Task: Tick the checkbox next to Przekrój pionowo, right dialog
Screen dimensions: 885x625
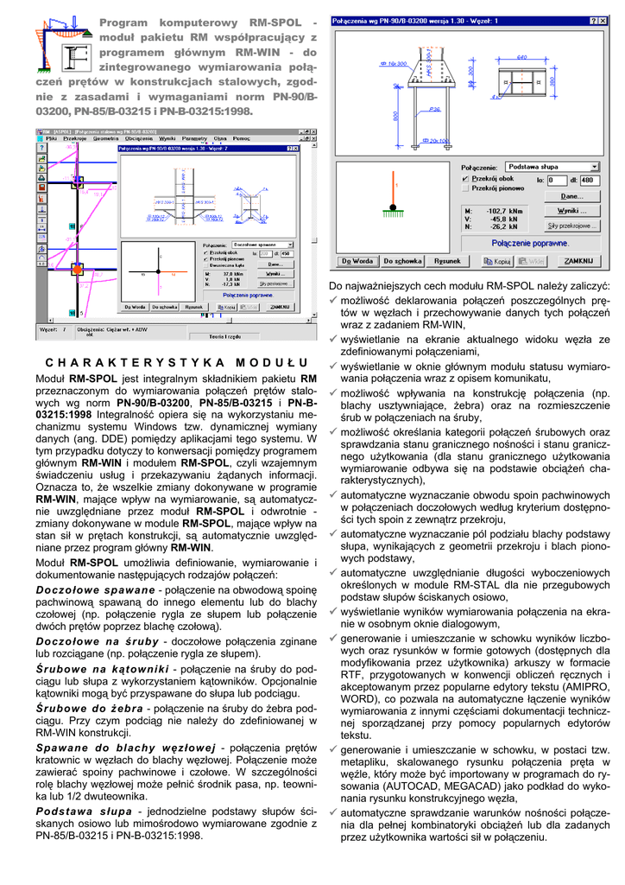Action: pos(466,188)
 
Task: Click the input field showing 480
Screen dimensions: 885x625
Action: pos(586,180)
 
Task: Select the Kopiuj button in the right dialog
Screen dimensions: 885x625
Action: pos(500,260)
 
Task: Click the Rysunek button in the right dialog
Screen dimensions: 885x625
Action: pos(447,260)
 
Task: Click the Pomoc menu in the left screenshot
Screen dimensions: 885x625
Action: pos(241,138)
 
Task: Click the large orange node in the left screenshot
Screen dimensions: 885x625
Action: pos(77,270)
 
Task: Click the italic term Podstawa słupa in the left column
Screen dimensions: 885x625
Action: pos(85,812)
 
